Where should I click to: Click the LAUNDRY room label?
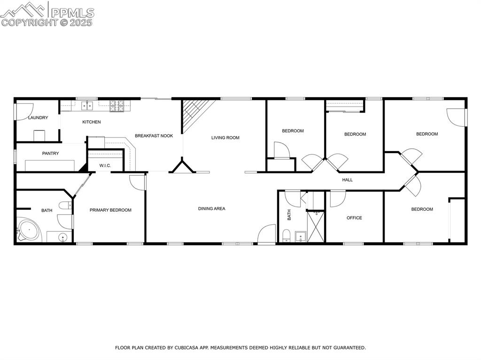[x=38, y=118]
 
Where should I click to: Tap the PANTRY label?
[x=50, y=153]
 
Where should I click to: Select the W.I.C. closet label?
[x=105, y=165]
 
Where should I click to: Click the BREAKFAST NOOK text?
[x=154, y=136]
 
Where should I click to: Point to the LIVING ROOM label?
[x=225, y=138]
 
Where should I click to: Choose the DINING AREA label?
[x=211, y=208]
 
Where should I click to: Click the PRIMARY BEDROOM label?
[x=110, y=210]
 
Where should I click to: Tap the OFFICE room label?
[x=354, y=218]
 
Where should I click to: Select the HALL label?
[x=347, y=180]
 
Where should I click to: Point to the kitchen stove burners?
[x=116, y=106]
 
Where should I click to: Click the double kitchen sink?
[x=87, y=106]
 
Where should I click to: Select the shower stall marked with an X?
[x=316, y=227]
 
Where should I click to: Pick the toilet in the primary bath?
[x=65, y=206]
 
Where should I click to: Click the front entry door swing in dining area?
[x=266, y=234]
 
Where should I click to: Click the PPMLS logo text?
[x=72, y=13]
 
